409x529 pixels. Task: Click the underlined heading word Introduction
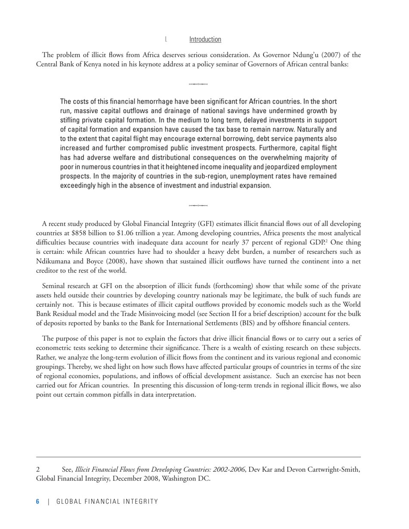pyautogui.click(x=205, y=40)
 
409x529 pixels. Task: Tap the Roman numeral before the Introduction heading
pyautogui.click(x=166, y=40)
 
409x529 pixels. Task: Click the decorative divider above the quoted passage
pyautogui.click(x=198, y=84)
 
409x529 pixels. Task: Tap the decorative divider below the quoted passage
pyautogui.click(x=198, y=206)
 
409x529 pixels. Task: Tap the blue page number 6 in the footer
pyautogui.click(x=38, y=501)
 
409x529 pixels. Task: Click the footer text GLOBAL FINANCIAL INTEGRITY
pyautogui.click(x=107, y=501)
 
